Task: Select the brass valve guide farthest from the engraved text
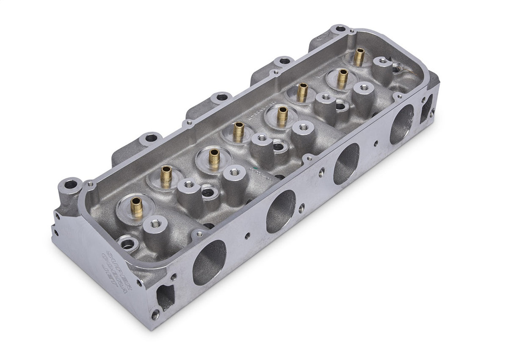tap(359, 57)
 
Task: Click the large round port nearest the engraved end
tap(209, 263)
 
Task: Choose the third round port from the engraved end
tap(346, 163)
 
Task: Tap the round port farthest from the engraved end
tap(401, 124)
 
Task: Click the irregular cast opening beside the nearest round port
tap(166, 296)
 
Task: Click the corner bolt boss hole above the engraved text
tap(70, 185)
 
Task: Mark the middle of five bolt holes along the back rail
tap(222, 97)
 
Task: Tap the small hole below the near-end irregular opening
tap(155, 315)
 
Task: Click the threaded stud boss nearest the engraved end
tap(155, 222)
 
